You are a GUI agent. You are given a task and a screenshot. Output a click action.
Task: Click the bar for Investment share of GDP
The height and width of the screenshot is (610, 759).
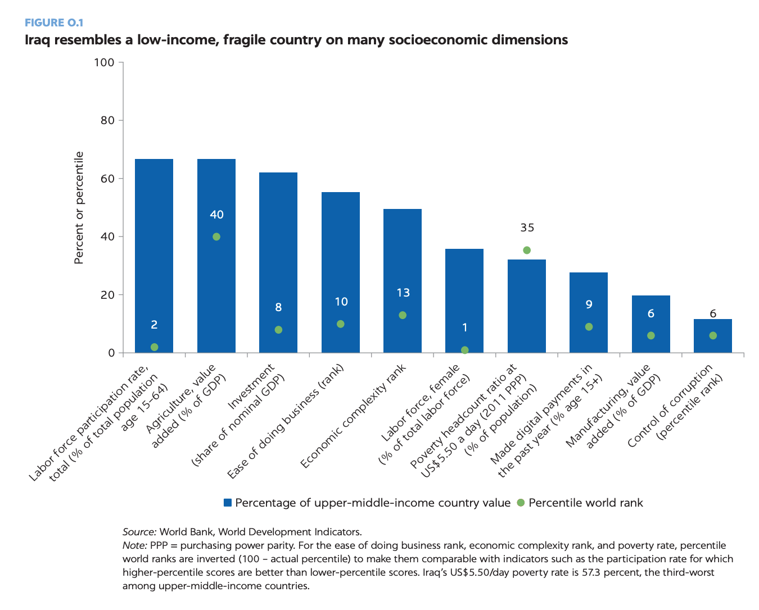point(278,253)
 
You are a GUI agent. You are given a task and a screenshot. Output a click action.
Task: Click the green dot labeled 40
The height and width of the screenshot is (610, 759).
point(216,237)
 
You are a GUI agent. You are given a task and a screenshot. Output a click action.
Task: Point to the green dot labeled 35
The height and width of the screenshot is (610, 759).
point(527,251)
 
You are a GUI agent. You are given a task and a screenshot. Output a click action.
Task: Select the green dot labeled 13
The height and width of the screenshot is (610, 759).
point(403,315)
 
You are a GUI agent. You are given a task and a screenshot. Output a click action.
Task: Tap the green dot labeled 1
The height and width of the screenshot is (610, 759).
point(465,350)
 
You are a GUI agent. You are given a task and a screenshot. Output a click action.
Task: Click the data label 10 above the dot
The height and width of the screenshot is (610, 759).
point(341,302)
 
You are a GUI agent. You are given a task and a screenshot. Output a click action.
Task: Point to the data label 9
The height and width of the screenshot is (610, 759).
point(589,304)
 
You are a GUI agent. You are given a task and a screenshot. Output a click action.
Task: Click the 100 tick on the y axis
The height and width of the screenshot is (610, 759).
point(104,62)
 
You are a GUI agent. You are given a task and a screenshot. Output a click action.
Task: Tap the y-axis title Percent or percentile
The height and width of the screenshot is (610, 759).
point(79,208)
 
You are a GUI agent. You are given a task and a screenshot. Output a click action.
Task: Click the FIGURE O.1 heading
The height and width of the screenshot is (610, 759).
point(54,23)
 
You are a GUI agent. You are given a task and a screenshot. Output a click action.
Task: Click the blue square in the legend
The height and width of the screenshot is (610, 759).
point(228,503)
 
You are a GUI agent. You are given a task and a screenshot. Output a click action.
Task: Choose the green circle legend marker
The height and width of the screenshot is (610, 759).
point(520,503)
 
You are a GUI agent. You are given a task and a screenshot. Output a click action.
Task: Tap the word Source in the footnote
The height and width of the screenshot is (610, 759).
point(139,532)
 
